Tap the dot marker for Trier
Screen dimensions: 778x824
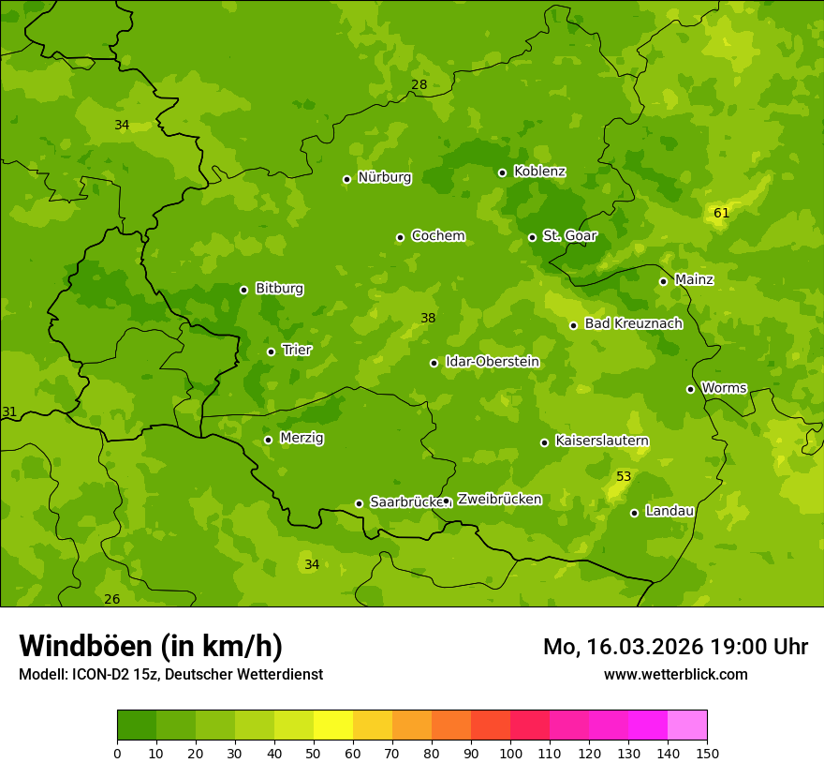[272, 352]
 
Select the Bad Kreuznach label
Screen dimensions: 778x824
[633, 323]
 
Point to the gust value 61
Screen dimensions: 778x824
[721, 213]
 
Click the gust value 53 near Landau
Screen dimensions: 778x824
[624, 476]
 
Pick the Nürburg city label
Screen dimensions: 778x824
[384, 177]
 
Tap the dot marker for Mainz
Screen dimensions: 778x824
[663, 281]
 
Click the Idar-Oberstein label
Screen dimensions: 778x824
[493, 361]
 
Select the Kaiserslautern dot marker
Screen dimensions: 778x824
[544, 442]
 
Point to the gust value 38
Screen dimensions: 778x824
[428, 318]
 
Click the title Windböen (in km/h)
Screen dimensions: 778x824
[151, 646]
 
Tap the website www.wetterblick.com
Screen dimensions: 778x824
[675, 674]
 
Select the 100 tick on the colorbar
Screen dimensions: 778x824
[510, 752]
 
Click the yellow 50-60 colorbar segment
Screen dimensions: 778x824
[333, 725]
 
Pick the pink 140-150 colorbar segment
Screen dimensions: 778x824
[687, 725]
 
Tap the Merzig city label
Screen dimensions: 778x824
[302, 438]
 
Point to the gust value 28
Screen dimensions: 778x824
[419, 84]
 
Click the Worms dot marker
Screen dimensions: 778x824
[690, 389]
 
